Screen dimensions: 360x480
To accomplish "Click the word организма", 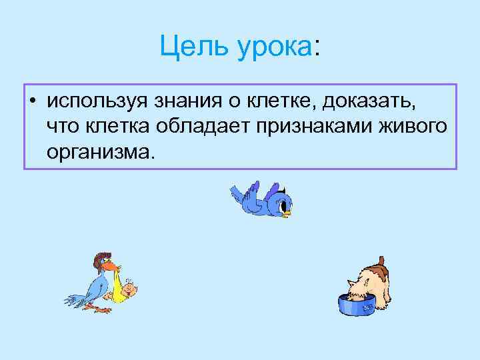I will click(x=100, y=153).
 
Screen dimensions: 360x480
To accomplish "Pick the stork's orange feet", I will click(x=100, y=310).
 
